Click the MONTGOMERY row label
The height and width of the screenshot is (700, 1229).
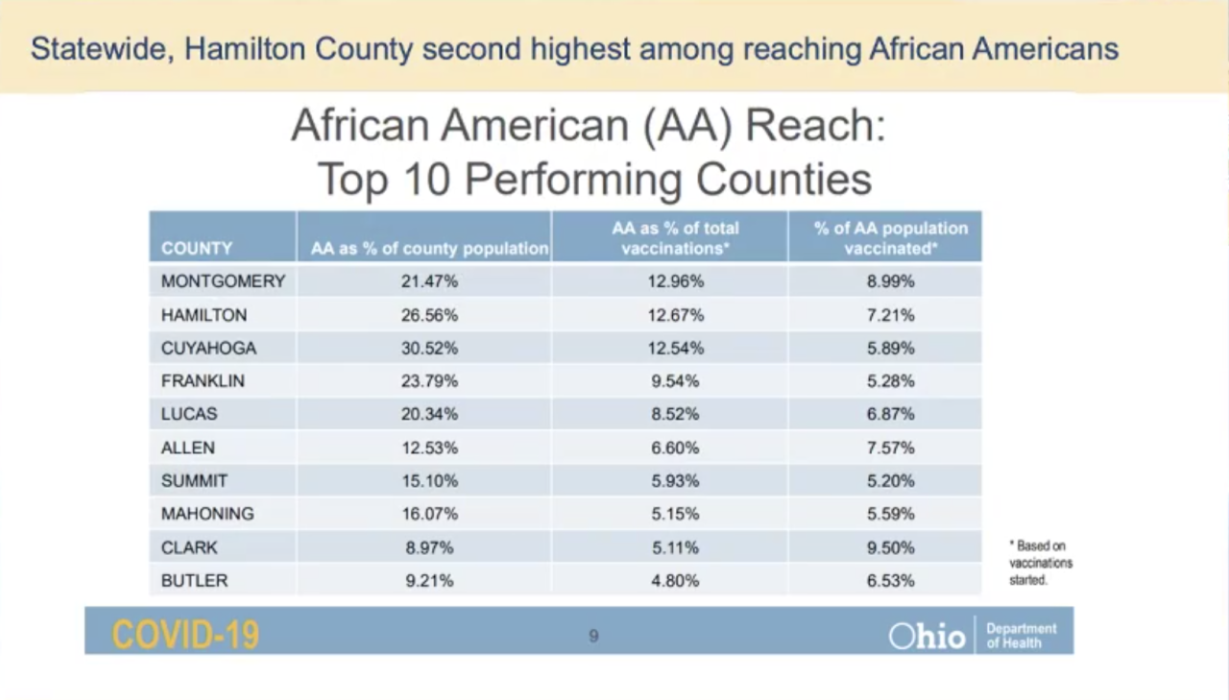coord(223,281)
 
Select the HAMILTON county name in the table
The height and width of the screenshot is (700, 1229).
coord(204,315)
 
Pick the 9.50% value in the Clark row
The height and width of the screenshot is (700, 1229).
coord(890,547)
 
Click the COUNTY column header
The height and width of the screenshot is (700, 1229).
coord(197,249)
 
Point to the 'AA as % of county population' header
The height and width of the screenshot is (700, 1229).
coord(429,249)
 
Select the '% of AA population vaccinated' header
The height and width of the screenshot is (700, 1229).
coord(890,238)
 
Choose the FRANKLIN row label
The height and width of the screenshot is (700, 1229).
coord(203,381)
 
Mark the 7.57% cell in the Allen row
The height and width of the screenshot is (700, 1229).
coord(890,447)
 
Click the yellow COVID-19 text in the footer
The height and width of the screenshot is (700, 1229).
coord(185,635)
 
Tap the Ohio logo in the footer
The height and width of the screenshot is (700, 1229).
coord(927,636)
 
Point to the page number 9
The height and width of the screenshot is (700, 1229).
coord(593,636)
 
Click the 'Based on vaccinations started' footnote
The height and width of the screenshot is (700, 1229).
coord(1040,563)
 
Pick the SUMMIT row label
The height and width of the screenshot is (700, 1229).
coord(194,481)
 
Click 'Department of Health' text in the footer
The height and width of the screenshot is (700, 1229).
coord(1021,636)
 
